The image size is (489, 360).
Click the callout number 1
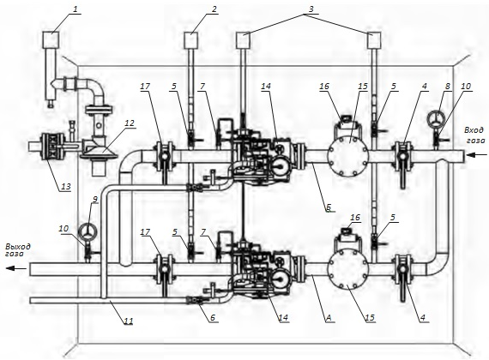tap(75, 9)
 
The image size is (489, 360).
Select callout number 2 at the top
tap(214, 9)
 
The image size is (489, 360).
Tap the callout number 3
tap(311, 9)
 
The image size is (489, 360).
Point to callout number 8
tap(448, 86)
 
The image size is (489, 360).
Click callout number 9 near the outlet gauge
tap(95, 199)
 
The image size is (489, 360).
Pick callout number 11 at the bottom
tap(129, 321)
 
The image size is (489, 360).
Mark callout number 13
tap(66, 186)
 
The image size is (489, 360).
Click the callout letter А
tap(329, 317)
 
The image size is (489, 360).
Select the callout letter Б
tap(329, 207)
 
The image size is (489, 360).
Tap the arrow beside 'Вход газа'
tap(476, 154)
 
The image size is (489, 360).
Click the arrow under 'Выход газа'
tap(16, 268)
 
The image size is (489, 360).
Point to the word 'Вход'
tap(474, 129)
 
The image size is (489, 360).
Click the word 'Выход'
tap(18, 247)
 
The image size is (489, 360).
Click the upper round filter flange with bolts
tap(348, 155)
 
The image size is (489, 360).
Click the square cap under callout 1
tap(51, 40)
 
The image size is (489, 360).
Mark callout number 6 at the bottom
tap(213, 317)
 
